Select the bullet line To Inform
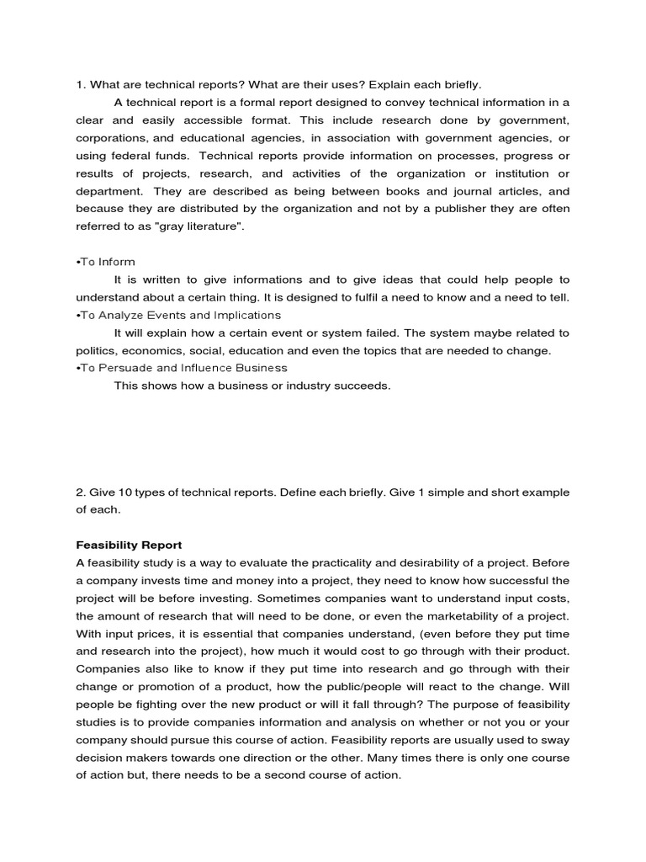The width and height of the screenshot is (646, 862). pyautogui.click(x=106, y=262)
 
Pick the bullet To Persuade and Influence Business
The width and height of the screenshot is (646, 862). pyautogui.click(x=181, y=368)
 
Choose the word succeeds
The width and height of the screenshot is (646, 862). pyautogui.click(x=363, y=386)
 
